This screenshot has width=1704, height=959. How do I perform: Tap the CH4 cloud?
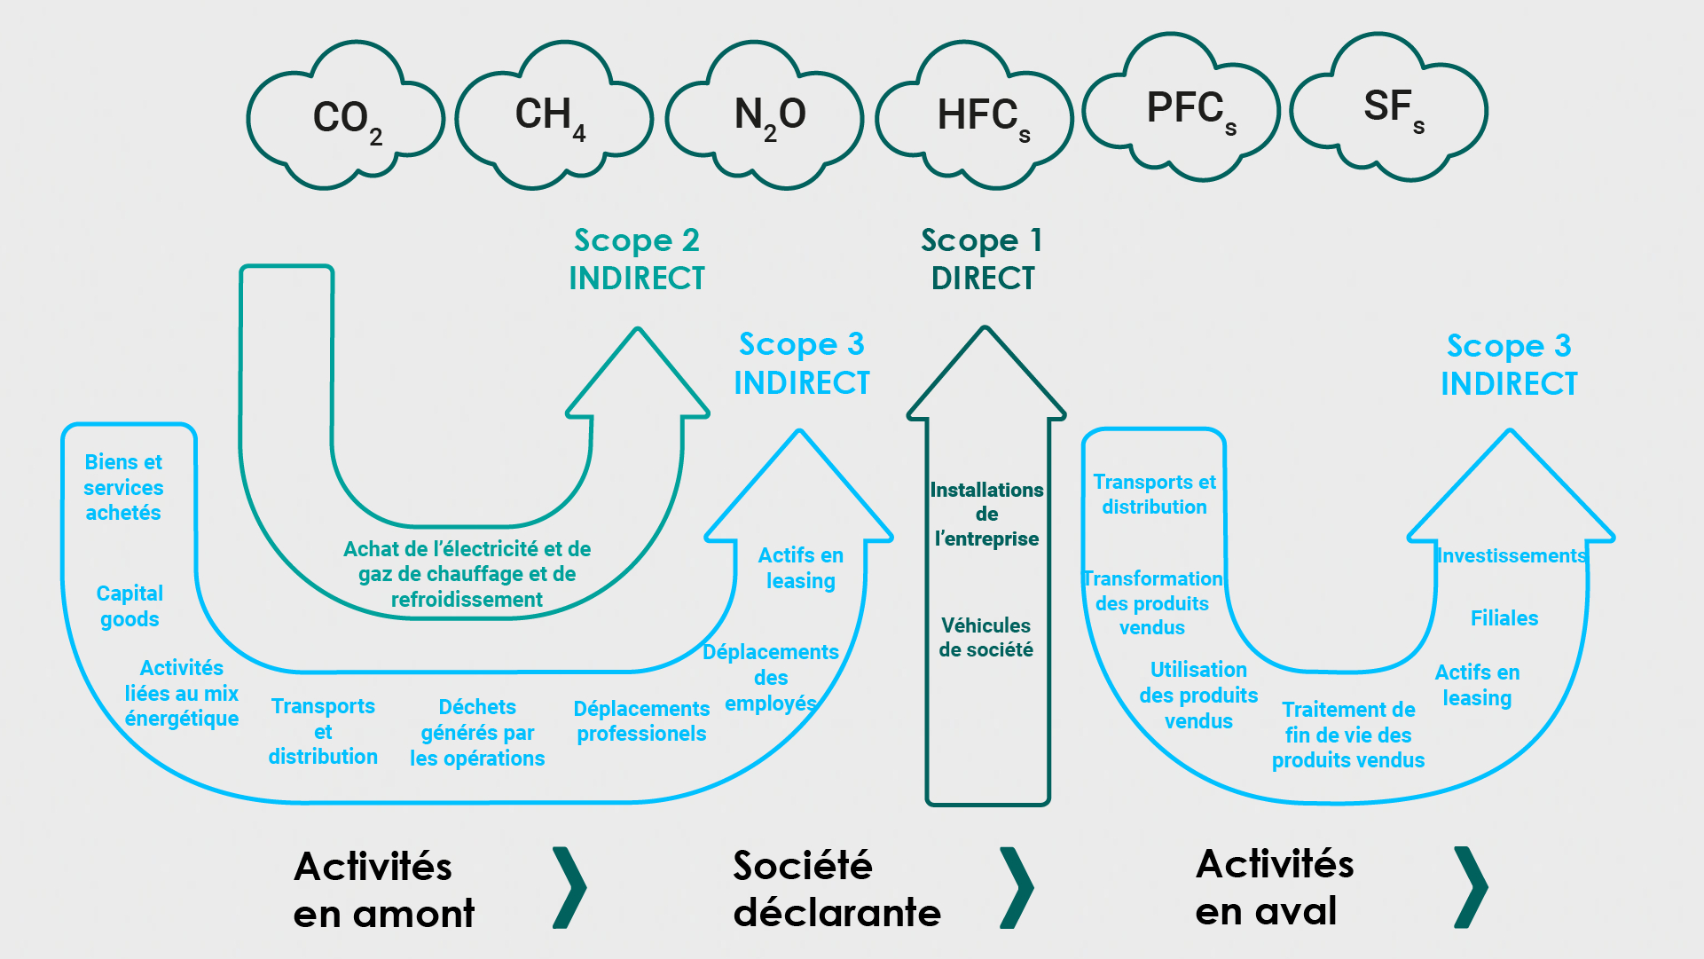(x=554, y=116)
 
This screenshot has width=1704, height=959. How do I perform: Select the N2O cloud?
(x=766, y=116)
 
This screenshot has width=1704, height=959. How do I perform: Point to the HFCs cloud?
(x=976, y=116)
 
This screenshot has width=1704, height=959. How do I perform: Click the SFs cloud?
(x=1390, y=108)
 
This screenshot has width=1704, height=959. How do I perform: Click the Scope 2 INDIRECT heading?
(x=636, y=259)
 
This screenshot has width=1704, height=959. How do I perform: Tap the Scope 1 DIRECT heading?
(x=982, y=259)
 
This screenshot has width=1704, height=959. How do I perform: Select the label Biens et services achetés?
(x=123, y=487)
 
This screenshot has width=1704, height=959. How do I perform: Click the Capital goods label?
(x=130, y=606)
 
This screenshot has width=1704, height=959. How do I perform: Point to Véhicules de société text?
(x=985, y=637)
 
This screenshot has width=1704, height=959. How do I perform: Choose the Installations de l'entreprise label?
(x=986, y=514)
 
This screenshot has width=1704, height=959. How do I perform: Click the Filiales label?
(x=1504, y=618)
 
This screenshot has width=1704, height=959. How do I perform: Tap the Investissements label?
(x=1511, y=556)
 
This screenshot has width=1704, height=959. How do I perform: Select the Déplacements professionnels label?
(x=640, y=721)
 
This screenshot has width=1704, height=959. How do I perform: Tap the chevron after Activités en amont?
(x=569, y=887)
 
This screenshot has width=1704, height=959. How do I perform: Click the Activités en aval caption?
(x=1273, y=887)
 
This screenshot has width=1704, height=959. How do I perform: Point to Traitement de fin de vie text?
(x=1347, y=735)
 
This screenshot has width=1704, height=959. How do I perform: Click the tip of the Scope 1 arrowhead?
(x=985, y=329)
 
